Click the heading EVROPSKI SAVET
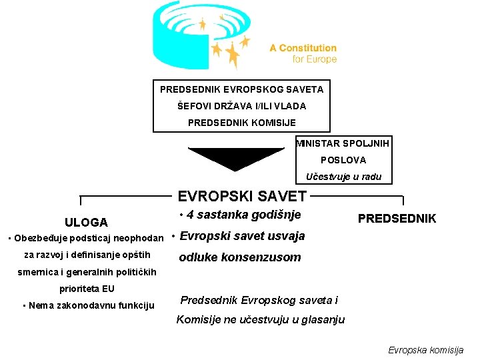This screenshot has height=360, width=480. tap(242, 196)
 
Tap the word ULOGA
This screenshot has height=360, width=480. tap(86, 222)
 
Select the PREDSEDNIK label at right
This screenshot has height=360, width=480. tap(397, 218)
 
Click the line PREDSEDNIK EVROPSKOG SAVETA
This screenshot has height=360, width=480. tap(241, 89)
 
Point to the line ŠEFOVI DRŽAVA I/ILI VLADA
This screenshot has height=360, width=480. tap(241, 105)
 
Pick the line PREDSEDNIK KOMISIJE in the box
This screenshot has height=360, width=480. tap(241, 122)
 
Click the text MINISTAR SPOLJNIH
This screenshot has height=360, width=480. tap(343, 143)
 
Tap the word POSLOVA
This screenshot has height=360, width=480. tap(343, 160)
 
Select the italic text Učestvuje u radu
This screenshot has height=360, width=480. tap(343, 177)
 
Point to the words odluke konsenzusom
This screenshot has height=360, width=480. tap(240, 257)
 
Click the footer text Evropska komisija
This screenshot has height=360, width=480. tap(426, 349)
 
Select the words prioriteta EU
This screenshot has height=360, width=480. tap(87, 289)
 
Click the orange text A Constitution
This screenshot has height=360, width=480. tap(303, 48)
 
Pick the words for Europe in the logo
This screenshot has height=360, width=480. tap(315, 59)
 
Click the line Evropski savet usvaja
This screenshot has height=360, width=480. tap(243, 236)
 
